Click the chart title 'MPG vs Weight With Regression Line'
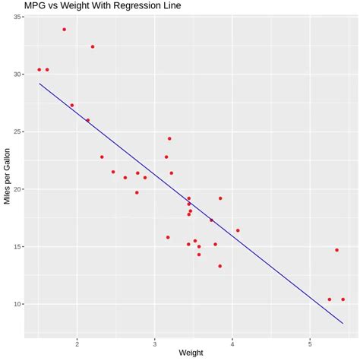103,6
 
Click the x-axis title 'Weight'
191,353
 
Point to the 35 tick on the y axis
17,17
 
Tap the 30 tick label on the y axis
17,74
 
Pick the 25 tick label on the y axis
17,131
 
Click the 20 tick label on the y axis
17,189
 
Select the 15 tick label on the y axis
17,247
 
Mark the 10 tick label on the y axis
17,304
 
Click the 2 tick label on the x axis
77,342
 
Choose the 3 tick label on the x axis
154,342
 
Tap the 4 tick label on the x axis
232,342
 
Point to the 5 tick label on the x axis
310,342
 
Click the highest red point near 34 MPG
65,30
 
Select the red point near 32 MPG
93,46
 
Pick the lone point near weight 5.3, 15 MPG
336,250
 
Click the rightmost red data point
343,299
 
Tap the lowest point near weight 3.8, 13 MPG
220,266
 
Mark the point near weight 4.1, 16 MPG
238,230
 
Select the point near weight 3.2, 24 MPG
169,138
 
